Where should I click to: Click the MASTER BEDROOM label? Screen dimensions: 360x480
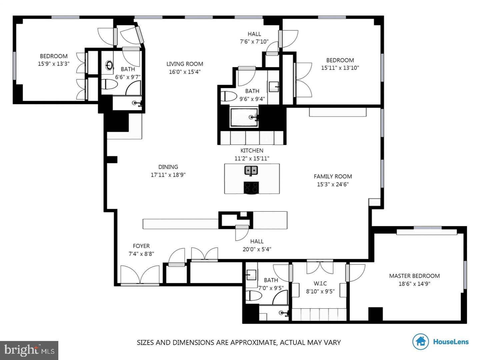(x=414, y=276)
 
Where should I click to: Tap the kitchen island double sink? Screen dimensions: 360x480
(x=251, y=170)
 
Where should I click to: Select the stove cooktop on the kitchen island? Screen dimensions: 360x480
(x=251, y=187)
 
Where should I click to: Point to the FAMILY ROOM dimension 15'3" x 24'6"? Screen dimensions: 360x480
(x=333, y=184)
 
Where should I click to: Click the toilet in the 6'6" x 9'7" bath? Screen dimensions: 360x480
(x=110, y=84)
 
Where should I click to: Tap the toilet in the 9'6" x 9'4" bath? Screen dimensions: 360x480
(x=227, y=96)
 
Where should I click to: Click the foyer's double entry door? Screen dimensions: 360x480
(x=140, y=275)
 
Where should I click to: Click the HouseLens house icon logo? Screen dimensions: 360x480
(x=420, y=341)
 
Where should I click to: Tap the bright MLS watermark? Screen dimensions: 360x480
(x=29, y=350)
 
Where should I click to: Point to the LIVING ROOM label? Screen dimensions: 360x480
(x=185, y=64)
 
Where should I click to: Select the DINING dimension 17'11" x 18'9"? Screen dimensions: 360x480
(x=168, y=174)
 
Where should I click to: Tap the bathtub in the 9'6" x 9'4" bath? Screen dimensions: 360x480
(x=244, y=117)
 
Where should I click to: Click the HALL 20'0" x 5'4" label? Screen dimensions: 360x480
(x=257, y=245)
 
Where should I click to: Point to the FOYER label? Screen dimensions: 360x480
(x=141, y=246)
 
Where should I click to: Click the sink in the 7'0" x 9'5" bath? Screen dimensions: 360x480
(x=251, y=275)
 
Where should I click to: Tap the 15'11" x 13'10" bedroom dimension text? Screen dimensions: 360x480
(x=340, y=68)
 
